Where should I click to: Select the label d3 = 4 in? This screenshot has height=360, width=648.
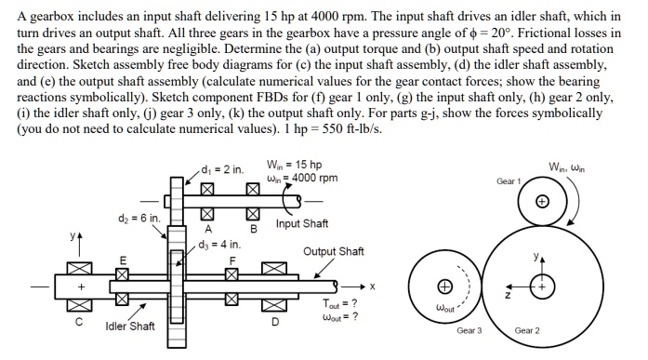(x=219, y=245)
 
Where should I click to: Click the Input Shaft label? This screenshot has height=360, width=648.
(x=301, y=224)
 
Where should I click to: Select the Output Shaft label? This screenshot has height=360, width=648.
(x=334, y=251)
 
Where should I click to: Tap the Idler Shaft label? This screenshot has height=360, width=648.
(x=128, y=327)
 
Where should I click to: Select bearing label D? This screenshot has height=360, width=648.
(x=272, y=323)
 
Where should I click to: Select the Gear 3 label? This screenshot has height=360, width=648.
(x=469, y=331)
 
